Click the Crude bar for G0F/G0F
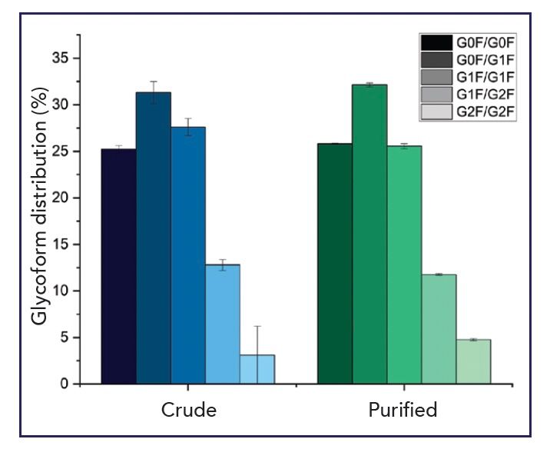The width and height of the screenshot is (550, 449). pos(119,266)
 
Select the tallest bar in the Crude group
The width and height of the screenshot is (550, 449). pos(154,238)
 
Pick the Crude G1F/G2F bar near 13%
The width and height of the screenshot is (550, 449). pos(223,324)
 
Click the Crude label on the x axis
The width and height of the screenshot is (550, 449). pos(188,410)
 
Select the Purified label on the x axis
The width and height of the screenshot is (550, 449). pos(403,410)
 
